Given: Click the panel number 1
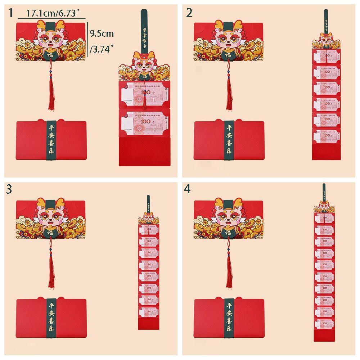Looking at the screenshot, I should (11, 13).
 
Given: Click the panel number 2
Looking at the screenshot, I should (189, 13).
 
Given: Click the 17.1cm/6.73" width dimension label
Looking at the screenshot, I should (51, 14).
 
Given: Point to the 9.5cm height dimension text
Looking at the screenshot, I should (102, 34).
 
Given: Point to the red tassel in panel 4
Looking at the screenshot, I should (228, 274).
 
